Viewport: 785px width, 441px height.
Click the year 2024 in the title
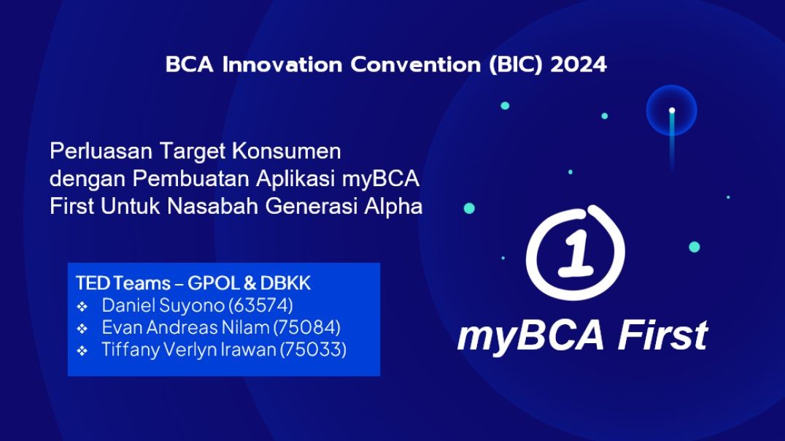[x=579, y=65]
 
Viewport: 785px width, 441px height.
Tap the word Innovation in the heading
[x=282, y=65]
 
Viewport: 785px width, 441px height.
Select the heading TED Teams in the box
[x=123, y=283]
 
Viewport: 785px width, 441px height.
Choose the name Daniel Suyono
[x=163, y=306]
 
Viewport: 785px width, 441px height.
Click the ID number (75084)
[x=307, y=328]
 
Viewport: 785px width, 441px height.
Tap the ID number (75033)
[x=313, y=350]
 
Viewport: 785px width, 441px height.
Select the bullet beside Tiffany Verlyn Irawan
[x=82, y=350]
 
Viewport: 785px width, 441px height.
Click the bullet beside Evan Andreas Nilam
[x=82, y=329]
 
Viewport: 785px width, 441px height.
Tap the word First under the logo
[x=663, y=335]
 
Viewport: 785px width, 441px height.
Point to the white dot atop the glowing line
[x=672, y=110]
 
